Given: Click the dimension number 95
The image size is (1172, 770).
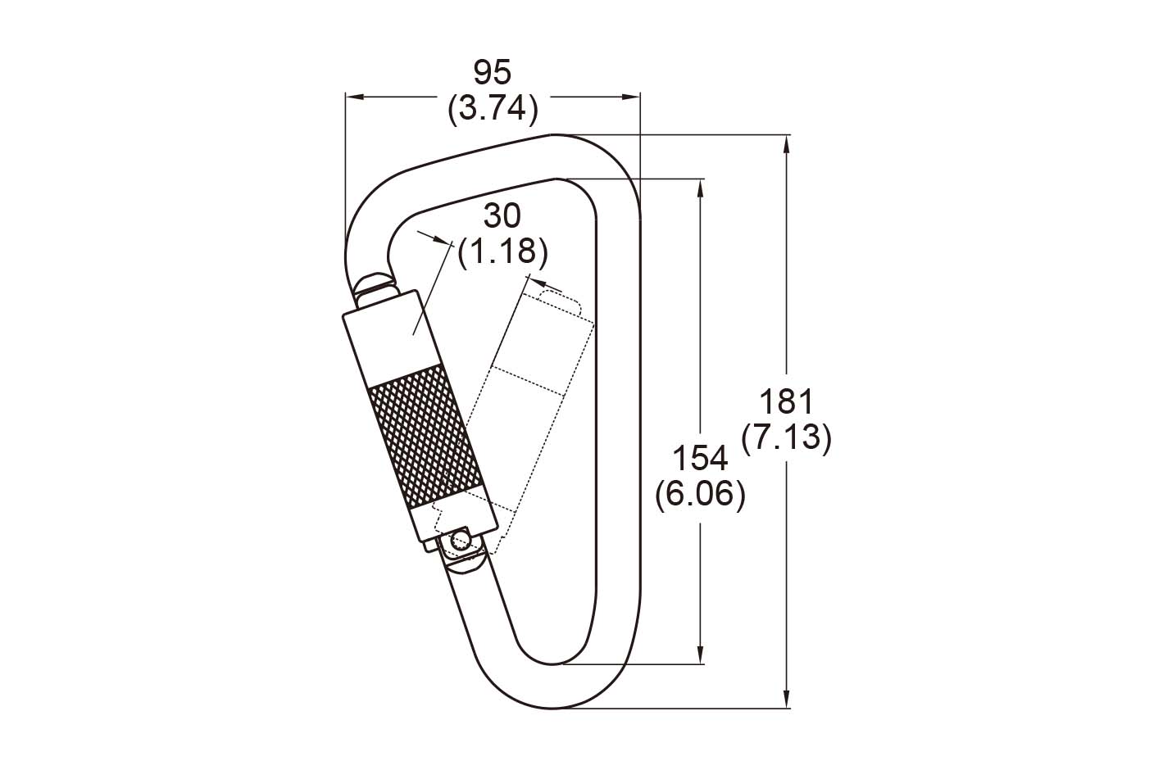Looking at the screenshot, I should (492, 73).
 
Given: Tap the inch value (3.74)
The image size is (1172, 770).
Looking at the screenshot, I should (493, 108).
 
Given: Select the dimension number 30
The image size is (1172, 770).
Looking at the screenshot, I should (502, 216).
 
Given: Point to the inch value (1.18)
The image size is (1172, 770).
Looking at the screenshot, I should (502, 251).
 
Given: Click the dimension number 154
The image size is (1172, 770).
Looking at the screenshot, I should (700, 459).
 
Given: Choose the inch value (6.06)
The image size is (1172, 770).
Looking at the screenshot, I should (700, 495).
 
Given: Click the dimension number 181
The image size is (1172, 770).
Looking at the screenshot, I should (786, 402).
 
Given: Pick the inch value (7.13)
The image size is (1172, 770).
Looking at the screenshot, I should (786, 437).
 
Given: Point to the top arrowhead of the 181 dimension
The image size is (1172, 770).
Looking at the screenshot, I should (787, 144).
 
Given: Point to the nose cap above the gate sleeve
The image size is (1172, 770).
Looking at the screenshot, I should (375, 284).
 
